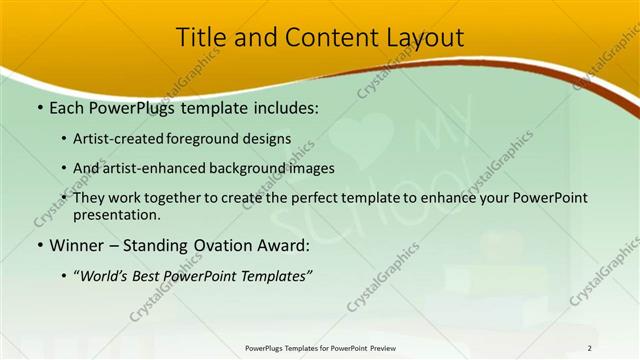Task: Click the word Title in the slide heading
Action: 201,38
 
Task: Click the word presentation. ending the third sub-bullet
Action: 118,214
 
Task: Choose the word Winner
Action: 77,245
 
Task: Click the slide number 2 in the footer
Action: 589,348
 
